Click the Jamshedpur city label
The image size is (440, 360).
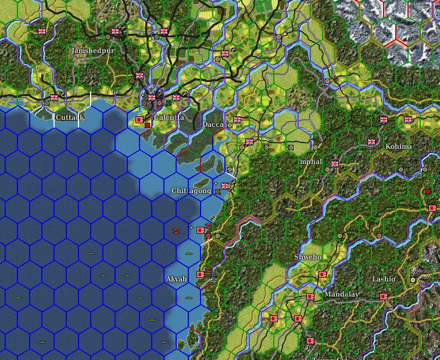point(92,51)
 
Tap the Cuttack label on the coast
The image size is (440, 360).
point(70,117)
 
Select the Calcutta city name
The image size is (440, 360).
point(169,117)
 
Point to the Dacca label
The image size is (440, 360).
point(213,124)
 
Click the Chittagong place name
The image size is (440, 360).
point(191,190)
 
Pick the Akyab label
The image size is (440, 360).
point(177,279)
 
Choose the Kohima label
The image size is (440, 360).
point(399,147)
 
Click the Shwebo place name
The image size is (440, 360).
point(307,256)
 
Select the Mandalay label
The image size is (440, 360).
point(341,294)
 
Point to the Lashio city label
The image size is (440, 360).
point(384,279)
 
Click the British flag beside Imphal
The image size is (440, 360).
point(334,164)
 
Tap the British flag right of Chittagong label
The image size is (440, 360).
point(224,186)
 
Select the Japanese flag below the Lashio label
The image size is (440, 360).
point(384,296)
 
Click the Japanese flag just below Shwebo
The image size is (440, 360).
point(322,274)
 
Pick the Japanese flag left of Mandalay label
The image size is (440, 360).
point(310,296)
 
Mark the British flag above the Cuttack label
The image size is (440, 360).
point(53,97)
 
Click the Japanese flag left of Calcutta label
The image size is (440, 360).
point(139,119)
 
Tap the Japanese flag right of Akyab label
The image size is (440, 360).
point(201,274)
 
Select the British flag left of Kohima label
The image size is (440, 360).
point(371,141)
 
